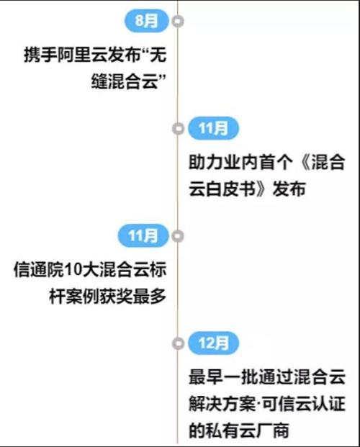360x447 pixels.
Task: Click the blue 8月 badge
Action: pyautogui.click(x=147, y=21)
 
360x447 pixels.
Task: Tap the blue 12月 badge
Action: pyautogui.click(x=213, y=343)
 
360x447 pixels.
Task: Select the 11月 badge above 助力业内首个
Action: pyautogui.click(x=213, y=128)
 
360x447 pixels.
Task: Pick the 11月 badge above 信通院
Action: pyautogui.click(x=143, y=235)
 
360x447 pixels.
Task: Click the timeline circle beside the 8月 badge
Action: pyautogui.click(x=178, y=21)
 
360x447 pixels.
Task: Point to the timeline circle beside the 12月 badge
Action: pyautogui.click(x=179, y=343)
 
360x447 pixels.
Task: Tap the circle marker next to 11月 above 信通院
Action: pyautogui.click(x=178, y=236)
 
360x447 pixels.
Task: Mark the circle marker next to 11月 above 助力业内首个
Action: pyautogui.click(x=179, y=129)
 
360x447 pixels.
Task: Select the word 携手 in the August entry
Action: pyautogui.click(x=40, y=55)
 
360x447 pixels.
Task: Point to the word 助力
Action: pyautogui.click(x=205, y=162)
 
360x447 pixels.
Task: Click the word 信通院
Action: pyautogui.click(x=38, y=269)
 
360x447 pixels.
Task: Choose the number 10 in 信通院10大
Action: pyautogui.click(x=73, y=270)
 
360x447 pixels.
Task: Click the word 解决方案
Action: pyautogui.click(x=222, y=404)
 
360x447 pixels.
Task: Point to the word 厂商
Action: pyautogui.click(x=273, y=430)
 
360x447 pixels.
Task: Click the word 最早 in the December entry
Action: pyautogui.click(x=205, y=377)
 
